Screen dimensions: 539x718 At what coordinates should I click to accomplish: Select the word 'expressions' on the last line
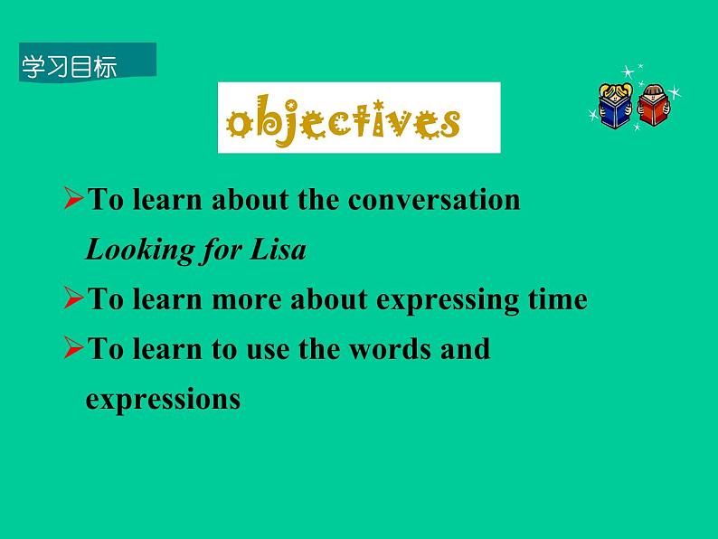tap(163, 399)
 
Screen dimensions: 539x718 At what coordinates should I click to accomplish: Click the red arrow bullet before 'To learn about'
tap(74, 200)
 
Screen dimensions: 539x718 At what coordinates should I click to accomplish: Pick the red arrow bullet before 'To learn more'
tap(74, 299)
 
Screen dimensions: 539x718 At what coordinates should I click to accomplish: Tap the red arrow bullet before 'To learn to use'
tap(74, 348)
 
